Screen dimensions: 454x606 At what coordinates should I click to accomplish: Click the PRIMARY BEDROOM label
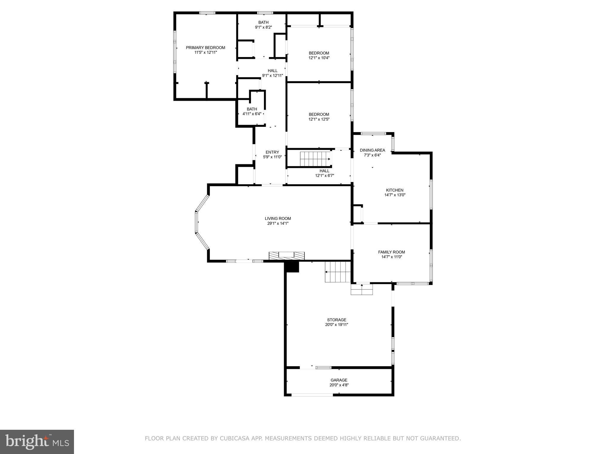(205, 48)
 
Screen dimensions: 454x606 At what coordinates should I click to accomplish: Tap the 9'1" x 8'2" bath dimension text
(263, 27)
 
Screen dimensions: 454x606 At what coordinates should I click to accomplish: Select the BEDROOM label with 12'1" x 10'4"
(319, 53)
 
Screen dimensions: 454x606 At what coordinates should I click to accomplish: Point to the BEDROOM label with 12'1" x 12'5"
(319, 114)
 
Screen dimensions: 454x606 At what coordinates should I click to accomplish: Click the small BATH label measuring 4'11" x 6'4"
(252, 109)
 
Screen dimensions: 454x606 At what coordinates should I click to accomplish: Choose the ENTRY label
(272, 152)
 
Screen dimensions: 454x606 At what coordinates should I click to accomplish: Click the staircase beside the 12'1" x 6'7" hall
(315, 159)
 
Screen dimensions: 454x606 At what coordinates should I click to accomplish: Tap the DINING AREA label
(372, 150)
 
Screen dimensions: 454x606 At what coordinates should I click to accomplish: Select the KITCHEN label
(394, 190)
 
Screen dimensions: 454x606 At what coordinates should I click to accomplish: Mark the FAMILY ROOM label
(391, 252)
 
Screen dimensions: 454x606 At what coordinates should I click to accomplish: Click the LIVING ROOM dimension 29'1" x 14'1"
(278, 223)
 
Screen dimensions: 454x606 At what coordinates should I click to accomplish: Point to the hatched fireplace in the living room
(286, 255)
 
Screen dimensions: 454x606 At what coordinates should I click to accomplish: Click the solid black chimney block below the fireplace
(292, 267)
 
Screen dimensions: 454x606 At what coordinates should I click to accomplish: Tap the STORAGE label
(336, 320)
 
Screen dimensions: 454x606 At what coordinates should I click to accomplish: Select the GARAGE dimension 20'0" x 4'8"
(339, 385)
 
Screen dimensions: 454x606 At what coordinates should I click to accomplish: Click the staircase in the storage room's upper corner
(338, 272)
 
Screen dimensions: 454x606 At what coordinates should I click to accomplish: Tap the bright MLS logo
(37, 442)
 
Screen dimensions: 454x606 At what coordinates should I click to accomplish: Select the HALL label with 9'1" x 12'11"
(273, 71)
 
